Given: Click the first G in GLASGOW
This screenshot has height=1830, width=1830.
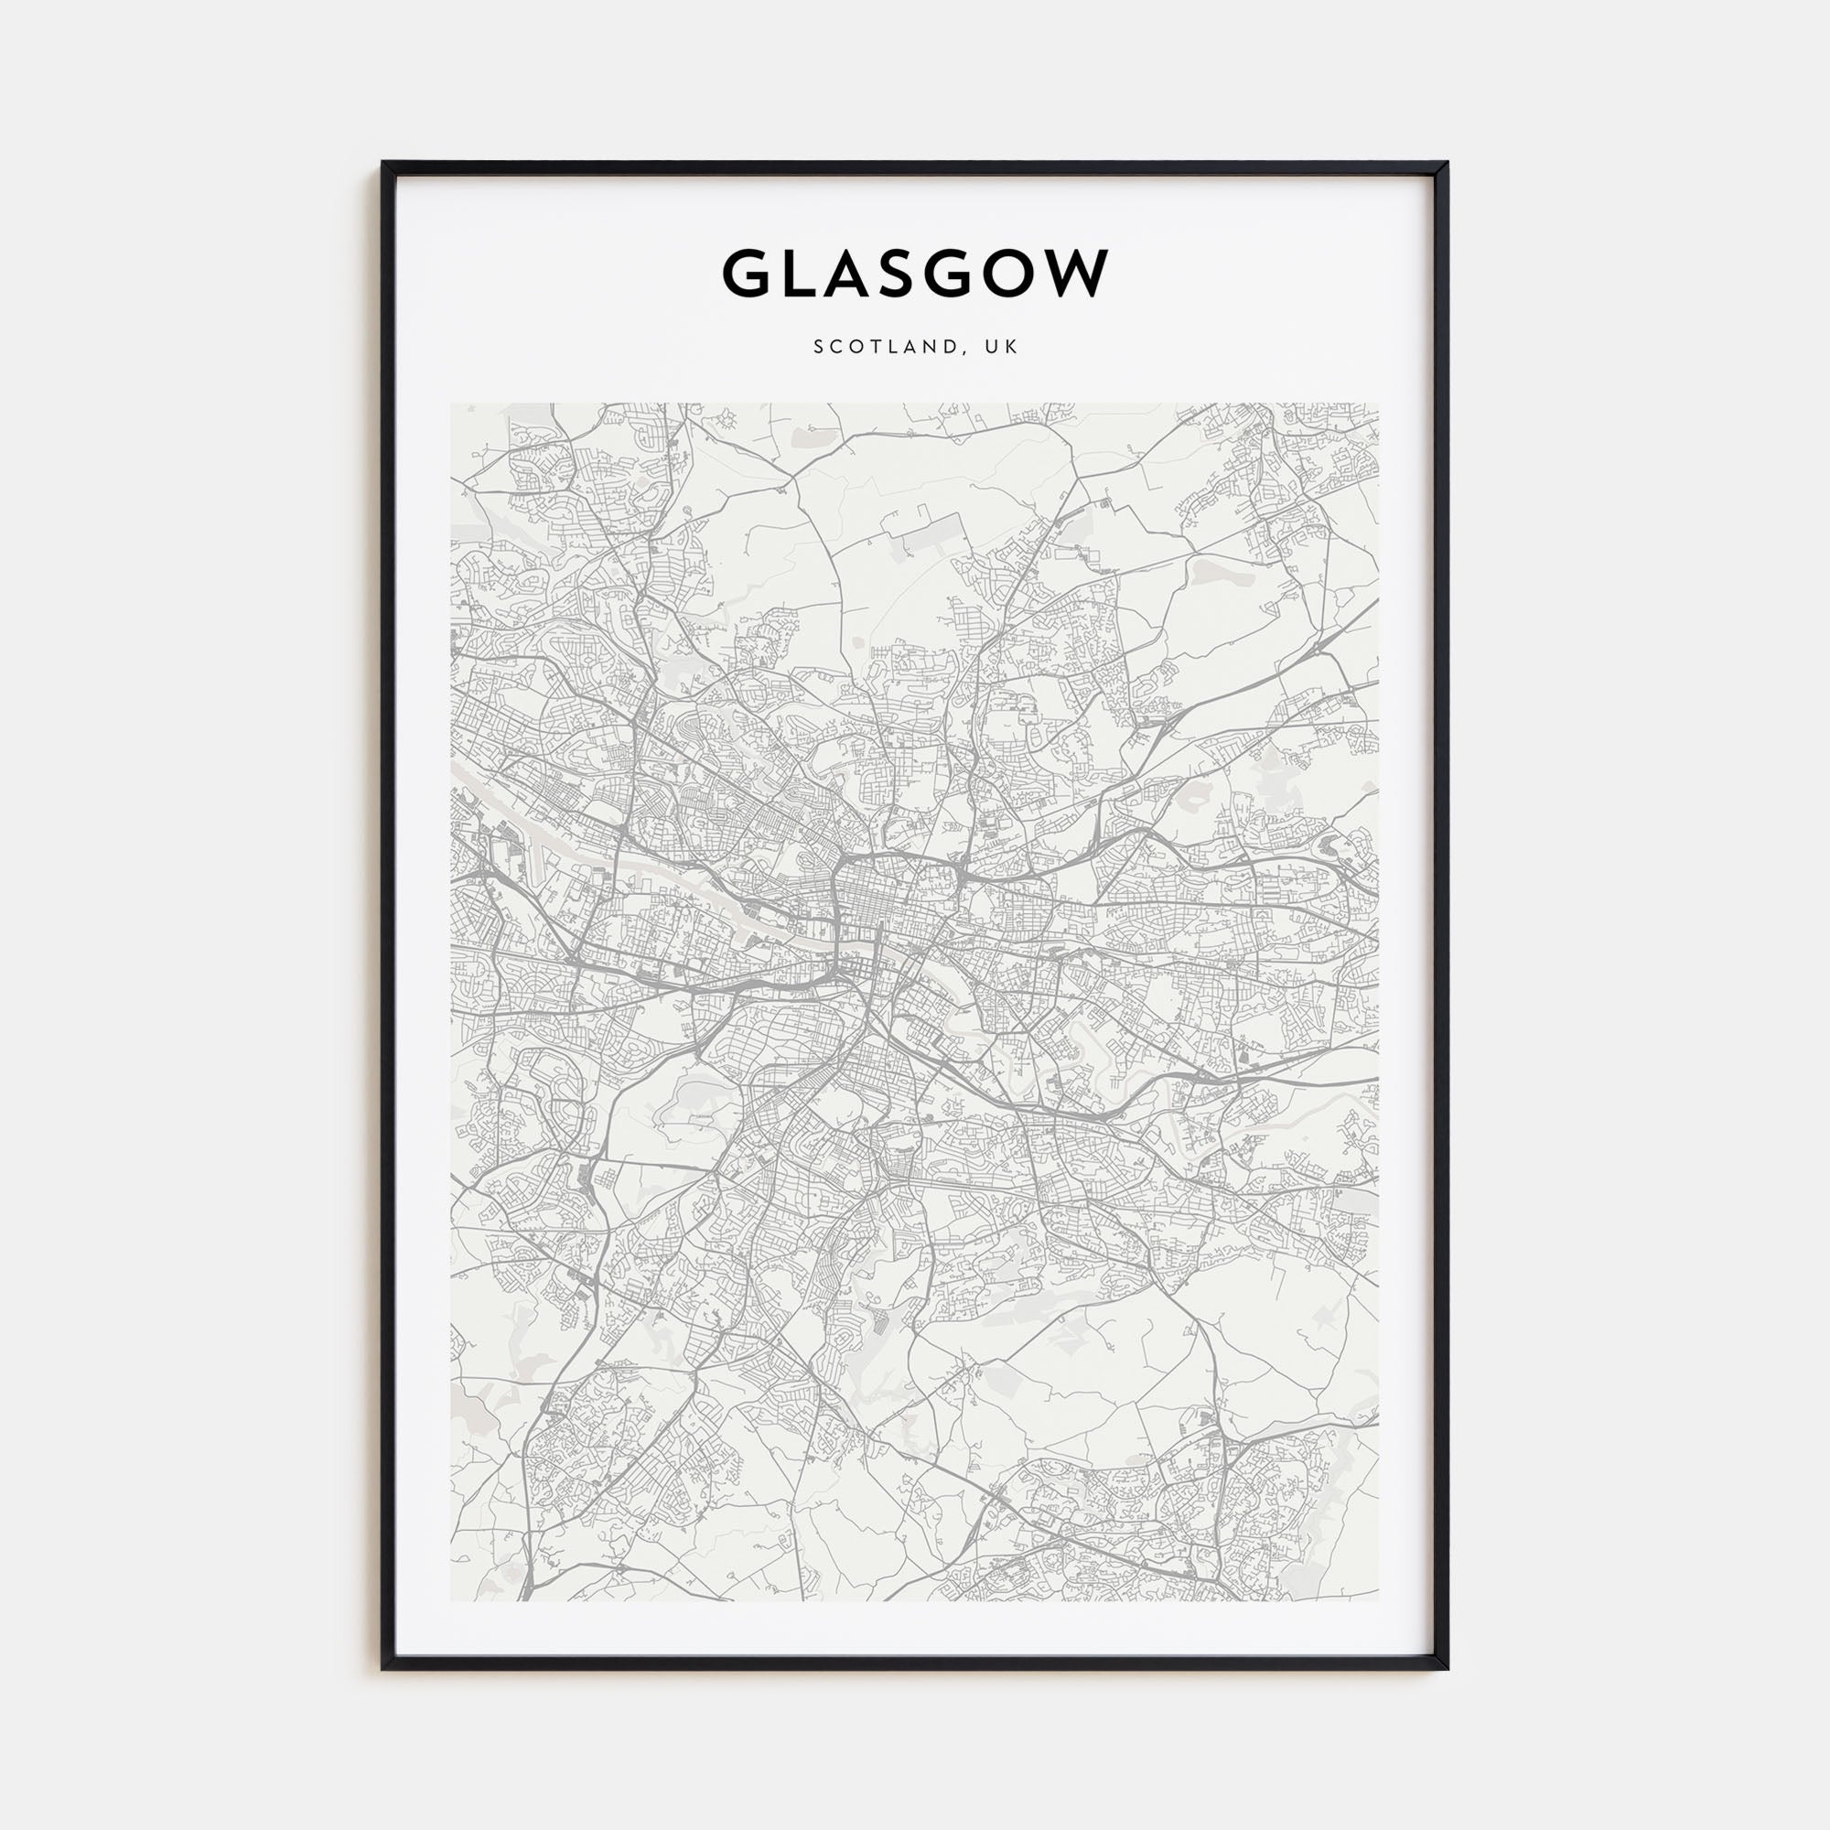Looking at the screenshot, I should click(x=748, y=274).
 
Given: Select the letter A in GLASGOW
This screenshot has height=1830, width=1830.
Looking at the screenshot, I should click(x=851, y=274).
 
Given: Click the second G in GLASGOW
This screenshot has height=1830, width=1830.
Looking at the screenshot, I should click(x=958, y=274).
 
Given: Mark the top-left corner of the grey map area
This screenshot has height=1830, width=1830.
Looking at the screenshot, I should click(x=452, y=405).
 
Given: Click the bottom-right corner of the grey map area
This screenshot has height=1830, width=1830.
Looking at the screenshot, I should click(x=1377, y=1600).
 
